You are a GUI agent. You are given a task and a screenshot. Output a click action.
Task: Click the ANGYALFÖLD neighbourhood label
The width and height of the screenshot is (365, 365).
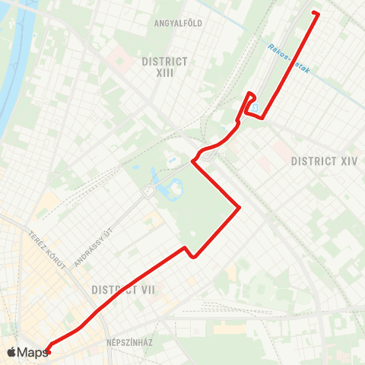(x=178, y=23)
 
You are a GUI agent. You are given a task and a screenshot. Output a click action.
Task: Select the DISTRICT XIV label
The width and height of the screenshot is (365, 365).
(x=324, y=160)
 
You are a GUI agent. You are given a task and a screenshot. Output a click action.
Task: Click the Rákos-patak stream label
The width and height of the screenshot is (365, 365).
(x=289, y=59)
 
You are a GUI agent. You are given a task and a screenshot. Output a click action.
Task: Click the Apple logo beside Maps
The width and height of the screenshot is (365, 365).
(x=11, y=352)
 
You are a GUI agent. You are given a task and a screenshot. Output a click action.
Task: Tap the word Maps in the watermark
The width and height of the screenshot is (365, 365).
(x=33, y=352)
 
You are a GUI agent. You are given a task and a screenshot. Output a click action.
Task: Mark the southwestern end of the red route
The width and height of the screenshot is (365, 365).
(x=48, y=351)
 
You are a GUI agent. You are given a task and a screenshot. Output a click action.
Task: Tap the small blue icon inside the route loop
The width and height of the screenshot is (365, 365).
(x=255, y=107)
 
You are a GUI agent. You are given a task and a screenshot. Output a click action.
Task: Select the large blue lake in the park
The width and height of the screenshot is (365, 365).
(x=176, y=186)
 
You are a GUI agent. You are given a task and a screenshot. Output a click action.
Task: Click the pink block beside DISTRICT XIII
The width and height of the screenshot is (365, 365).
(x=119, y=57)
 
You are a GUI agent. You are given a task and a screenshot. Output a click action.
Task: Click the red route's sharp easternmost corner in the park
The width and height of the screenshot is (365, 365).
(x=240, y=207)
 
